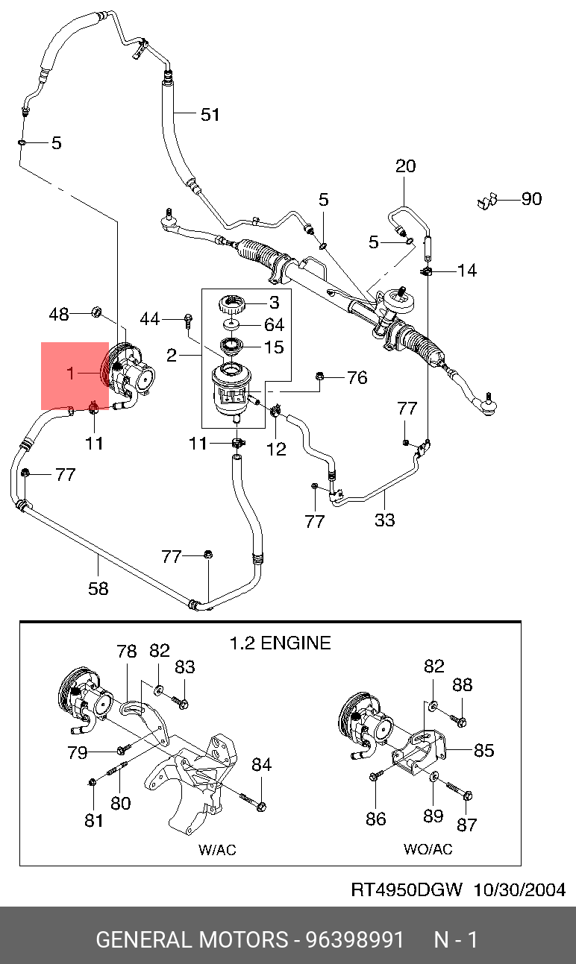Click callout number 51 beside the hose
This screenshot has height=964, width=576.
click(210, 115)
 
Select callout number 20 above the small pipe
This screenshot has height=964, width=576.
click(405, 166)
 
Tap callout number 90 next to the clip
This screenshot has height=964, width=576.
click(531, 199)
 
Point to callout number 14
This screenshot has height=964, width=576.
click(466, 270)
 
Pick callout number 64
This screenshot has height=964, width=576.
click(274, 325)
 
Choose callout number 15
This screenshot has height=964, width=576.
click(274, 347)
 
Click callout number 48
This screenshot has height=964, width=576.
click(59, 314)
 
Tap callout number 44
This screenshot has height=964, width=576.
click(150, 319)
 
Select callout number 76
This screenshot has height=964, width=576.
click(357, 378)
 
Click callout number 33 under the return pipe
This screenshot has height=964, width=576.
click(384, 520)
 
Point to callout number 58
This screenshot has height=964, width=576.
click(98, 588)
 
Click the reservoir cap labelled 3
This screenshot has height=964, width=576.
click(231, 306)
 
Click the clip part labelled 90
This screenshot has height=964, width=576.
click(487, 201)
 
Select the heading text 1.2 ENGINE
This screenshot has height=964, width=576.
click(279, 643)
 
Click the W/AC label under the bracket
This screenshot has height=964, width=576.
click(217, 849)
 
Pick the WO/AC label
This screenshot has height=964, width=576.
click(428, 849)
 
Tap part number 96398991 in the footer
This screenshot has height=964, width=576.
click(354, 939)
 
